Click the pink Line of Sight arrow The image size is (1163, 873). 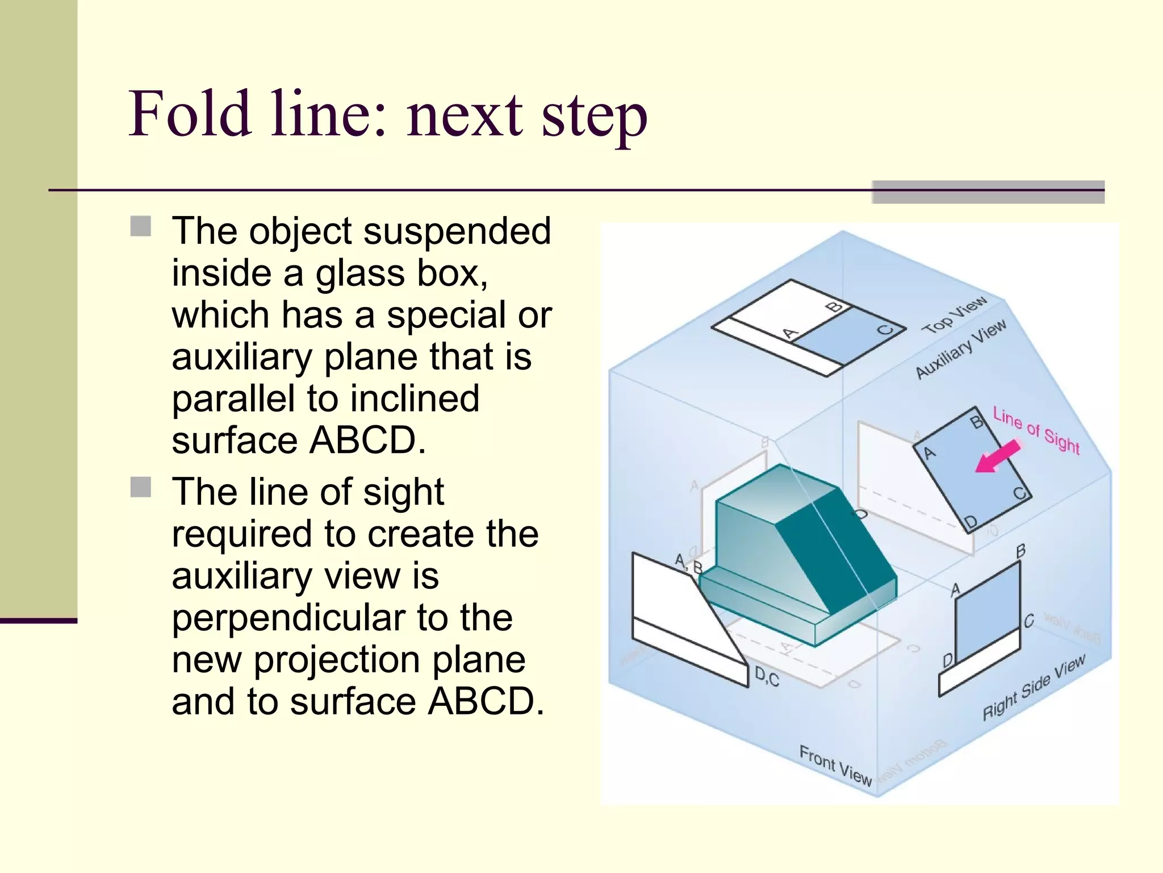(997, 457)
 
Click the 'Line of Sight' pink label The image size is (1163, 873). (1036, 430)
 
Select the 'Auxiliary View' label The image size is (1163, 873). (961, 348)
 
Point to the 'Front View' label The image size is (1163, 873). (835, 765)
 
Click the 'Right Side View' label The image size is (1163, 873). (1034, 687)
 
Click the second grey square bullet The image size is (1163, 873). (140, 487)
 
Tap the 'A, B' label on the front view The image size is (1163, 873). (688, 563)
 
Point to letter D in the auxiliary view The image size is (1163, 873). (970, 522)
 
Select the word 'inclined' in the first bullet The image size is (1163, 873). (415, 398)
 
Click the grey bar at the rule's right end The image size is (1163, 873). (988, 192)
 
